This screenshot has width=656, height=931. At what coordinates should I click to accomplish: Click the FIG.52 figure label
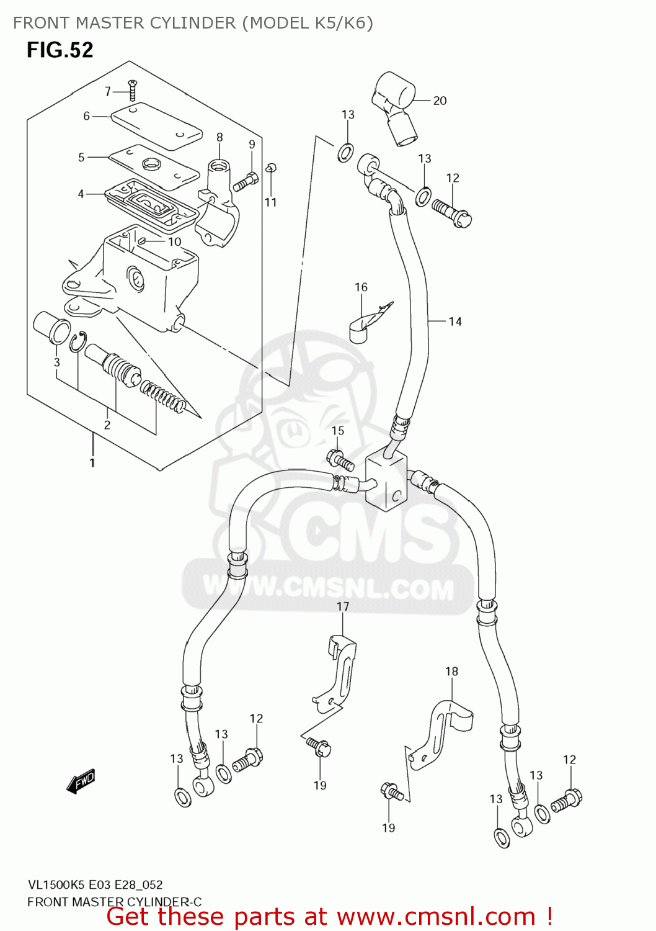tap(60, 50)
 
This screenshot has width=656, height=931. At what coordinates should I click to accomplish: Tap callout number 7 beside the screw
tap(108, 91)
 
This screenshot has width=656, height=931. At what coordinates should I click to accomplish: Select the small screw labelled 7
tap(131, 90)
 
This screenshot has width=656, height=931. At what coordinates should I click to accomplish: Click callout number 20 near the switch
tap(440, 101)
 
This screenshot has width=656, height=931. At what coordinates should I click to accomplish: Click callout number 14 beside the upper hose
tap(455, 322)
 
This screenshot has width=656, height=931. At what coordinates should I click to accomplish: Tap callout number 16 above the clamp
tap(361, 287)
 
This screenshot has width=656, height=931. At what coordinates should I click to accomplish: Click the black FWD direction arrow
tap(81, 780)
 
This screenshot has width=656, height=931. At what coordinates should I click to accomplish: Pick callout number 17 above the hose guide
tap(343, 606)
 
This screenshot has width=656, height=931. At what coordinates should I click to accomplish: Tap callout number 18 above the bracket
tap(451, 672)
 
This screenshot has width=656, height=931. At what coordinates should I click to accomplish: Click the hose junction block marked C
tap(386, 481)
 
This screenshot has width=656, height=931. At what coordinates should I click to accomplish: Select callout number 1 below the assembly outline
tap(92, 462)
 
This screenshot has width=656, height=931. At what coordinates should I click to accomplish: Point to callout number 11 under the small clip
tap(270, 202)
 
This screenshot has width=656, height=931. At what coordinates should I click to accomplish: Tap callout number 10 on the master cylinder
tap(175, 242)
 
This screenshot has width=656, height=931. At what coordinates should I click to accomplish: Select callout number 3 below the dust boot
tap(56, 362)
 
